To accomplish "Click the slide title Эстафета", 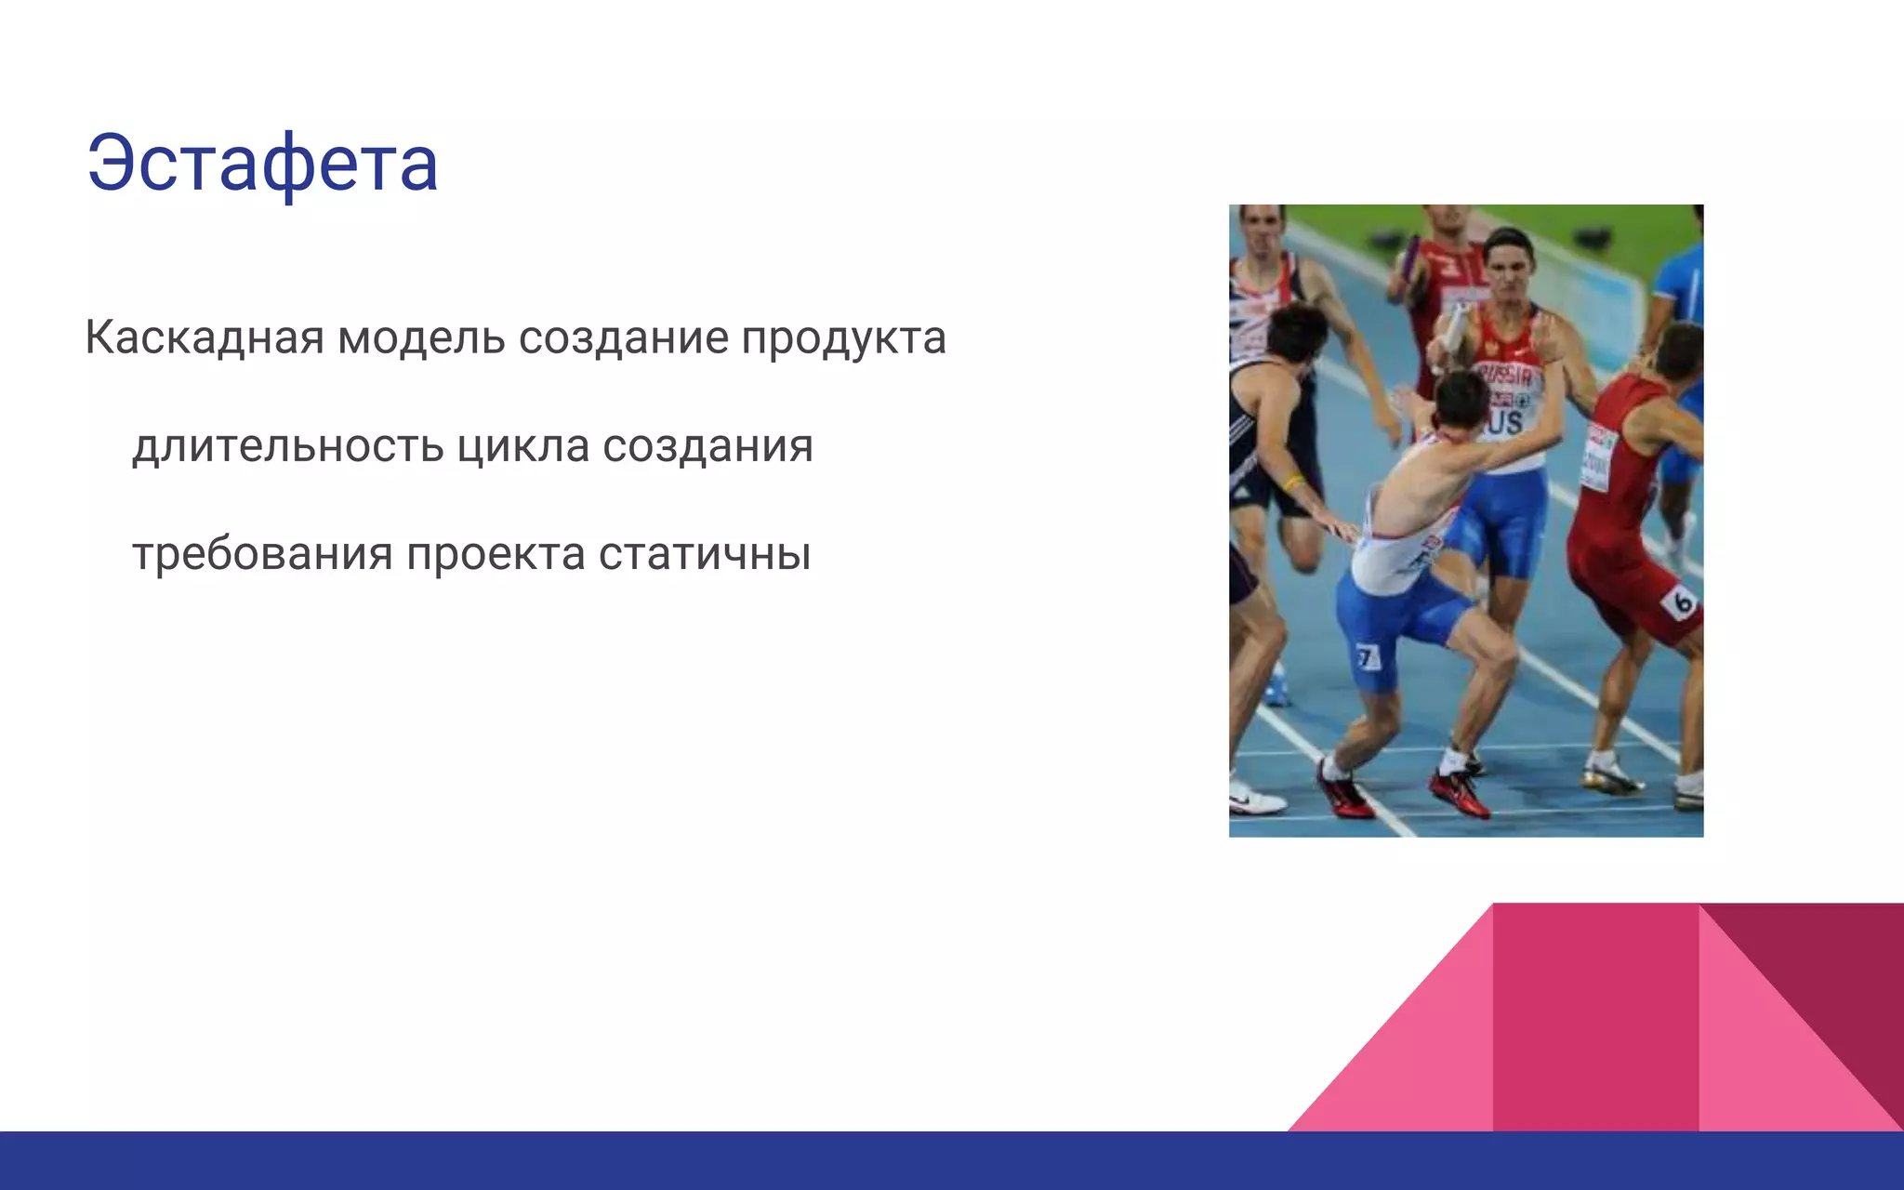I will tap(262, 164).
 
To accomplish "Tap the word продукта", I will tap(843, 337).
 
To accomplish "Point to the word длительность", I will tap(288, 446).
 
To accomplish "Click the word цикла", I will tap(523, 446).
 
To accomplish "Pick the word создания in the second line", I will tap(707, 446).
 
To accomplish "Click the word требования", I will tap(262, 555).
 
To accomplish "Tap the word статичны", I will tap(705, 555).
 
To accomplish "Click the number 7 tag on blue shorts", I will tap(1366, 657).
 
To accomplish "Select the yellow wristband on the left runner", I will tap(1294, 482).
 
